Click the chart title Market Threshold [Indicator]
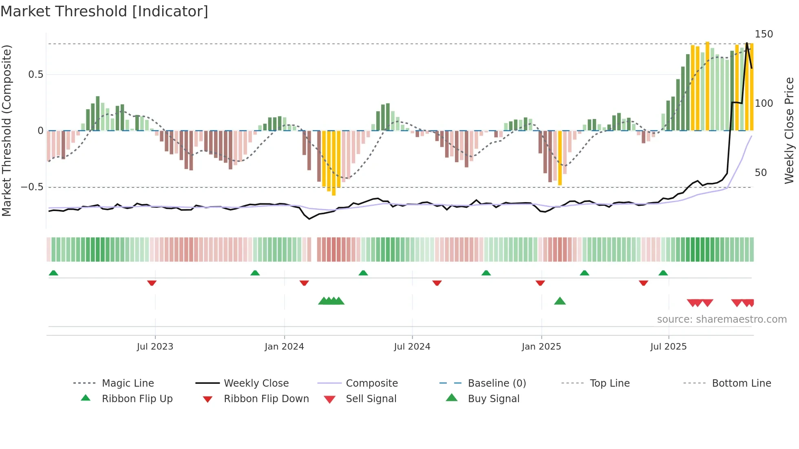pos(104,11)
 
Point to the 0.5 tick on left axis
pos(35,75)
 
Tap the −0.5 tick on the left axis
pos(32,187)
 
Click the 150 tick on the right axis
pos(764,34)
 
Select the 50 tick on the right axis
pos(760,173)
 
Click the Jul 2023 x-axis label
pos(155,347)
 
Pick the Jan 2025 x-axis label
pos(541,347)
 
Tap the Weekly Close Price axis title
pos(789,130)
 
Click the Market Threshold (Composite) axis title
pos(7,130)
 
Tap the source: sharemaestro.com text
pos(722,319)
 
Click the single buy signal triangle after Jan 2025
pos(560,301)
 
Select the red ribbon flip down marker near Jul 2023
pos(152,283)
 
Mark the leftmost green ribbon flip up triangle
pos(53,273)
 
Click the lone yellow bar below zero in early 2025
pos(560,158)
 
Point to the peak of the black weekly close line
pos(747,43)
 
